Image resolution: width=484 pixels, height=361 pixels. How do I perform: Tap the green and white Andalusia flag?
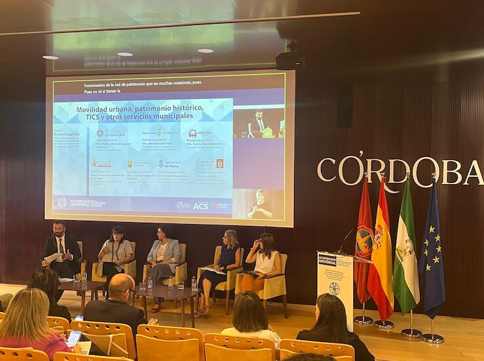point(406,252)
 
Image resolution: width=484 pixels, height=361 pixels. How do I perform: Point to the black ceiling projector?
point(289,60)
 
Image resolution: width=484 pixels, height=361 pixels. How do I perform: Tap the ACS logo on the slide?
point(200,206)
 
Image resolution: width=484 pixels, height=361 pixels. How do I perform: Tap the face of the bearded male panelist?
point(59,230)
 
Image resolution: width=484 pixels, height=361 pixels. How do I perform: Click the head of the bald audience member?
point(121,286)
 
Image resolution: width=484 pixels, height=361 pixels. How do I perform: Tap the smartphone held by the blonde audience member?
point(74,337)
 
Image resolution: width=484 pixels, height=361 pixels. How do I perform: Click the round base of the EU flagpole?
point(432,338)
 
